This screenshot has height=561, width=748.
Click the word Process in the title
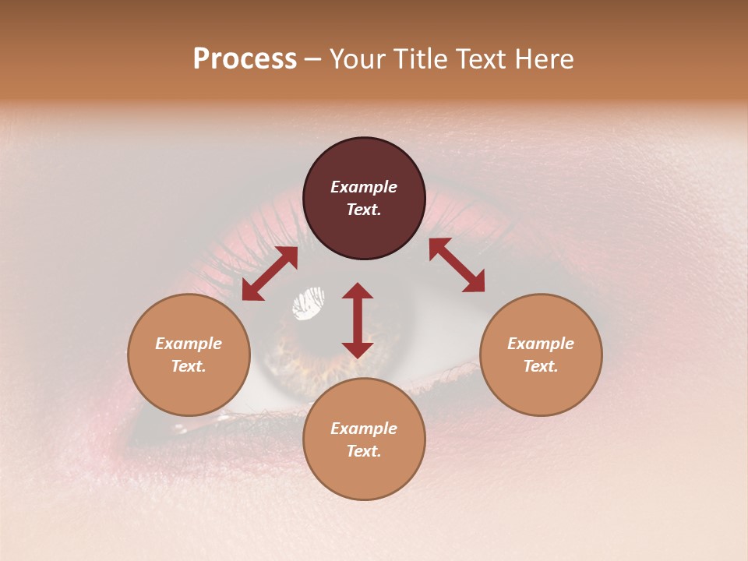[245, 59]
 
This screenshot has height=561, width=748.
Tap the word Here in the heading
[545, 59]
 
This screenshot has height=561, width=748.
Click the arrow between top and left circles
[270, 273]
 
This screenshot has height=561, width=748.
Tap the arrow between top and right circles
[457, 265]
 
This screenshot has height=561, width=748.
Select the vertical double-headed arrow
[358, 320]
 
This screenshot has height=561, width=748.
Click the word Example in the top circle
[364, 187]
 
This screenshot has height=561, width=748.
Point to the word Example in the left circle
[189, 344]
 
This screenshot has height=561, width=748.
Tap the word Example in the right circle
[541, 344]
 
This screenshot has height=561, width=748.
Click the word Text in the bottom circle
[364, 451]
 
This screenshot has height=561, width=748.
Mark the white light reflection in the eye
[309, 303]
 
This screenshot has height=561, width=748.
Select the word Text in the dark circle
[364, 210]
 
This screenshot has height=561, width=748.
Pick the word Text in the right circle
[541, 366]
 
